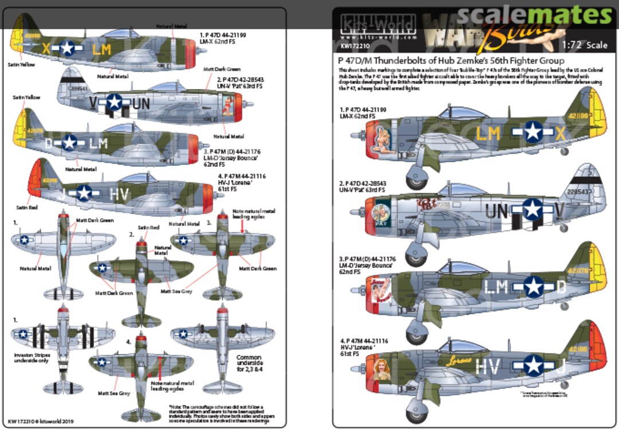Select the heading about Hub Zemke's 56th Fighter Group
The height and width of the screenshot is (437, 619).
coord(452,61)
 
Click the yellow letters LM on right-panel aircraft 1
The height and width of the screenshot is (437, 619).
coord(488,133)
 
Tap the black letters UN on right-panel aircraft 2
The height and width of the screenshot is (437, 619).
coord(496,212)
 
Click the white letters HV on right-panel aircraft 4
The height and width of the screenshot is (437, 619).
coord(487,366)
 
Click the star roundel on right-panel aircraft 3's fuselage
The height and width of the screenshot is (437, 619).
coord(534,287)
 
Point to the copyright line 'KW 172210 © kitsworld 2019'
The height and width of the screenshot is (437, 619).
coord(41,422)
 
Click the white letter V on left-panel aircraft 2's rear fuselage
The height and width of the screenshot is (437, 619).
coord(93,103)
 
